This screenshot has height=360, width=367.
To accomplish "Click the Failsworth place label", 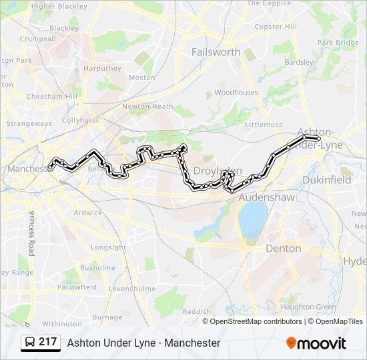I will pos(216,52).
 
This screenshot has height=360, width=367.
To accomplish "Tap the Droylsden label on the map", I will pos(217,171).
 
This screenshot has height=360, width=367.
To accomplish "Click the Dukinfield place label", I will pos(327,180).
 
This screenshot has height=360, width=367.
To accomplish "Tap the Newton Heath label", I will pos(147,106).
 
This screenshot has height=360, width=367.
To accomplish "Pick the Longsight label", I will pos(108,247).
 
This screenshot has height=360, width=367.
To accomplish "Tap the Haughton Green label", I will pos(308,307).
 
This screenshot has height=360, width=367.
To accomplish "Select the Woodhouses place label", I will pos(236,93).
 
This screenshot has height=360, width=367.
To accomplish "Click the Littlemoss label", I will pos(264,125).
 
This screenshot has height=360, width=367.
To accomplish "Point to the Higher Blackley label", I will pos(59,7).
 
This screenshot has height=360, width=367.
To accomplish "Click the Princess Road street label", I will pos(31,233).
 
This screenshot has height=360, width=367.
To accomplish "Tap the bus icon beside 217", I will pos(30,343).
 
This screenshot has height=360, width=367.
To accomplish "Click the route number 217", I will pos(47,342).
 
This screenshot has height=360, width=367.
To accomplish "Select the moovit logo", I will pos(316,343).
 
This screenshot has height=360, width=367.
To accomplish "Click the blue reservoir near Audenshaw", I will pos(252,219).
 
